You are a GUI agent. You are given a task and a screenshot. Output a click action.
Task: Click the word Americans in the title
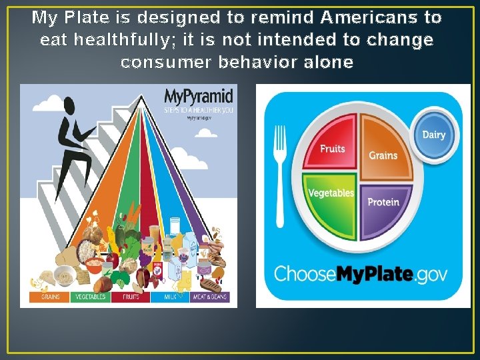[x=381, y=17]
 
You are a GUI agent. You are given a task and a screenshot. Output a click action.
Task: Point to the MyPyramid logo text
[x=199, y=96]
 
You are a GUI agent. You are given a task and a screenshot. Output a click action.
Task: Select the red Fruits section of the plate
[x=331, y=144]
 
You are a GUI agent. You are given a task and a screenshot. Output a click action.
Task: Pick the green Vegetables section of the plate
[x=330, y=200]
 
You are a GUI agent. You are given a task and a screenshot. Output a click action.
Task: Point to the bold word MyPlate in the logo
[x=371, y=273]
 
